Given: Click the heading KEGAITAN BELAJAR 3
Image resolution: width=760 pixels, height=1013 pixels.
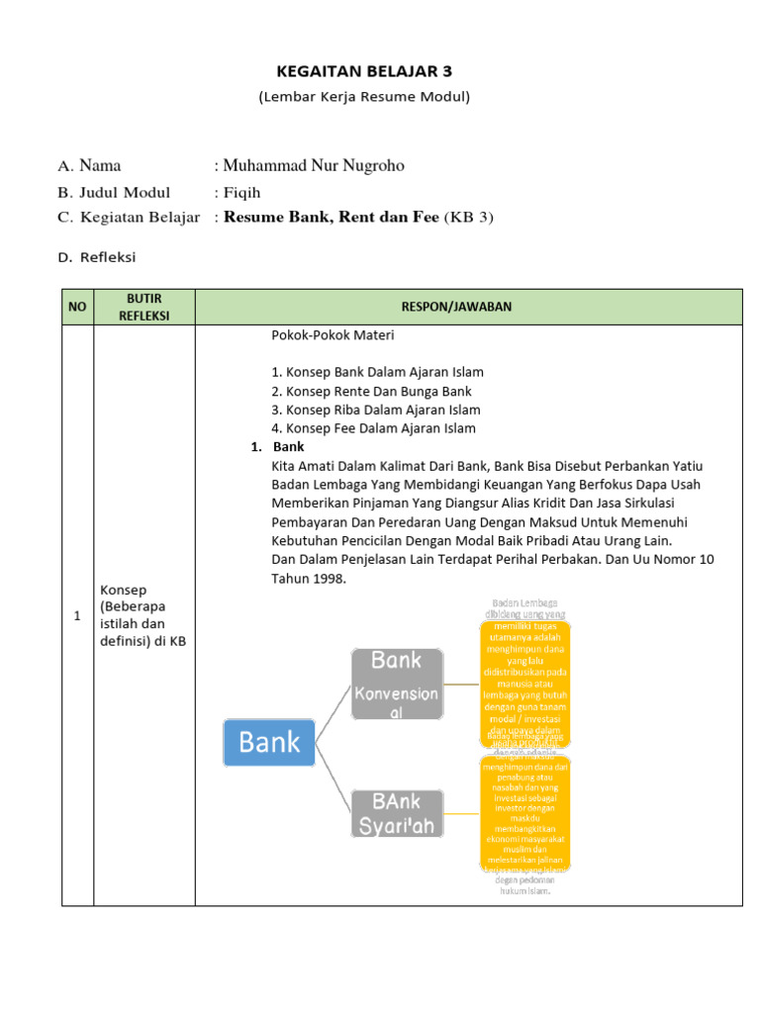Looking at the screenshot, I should click(x=363, y=71).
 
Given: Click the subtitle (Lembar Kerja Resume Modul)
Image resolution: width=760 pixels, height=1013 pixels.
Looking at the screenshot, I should click(x=363, y=97).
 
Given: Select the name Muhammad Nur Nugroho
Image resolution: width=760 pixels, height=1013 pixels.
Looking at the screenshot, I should click(x=313, y=165).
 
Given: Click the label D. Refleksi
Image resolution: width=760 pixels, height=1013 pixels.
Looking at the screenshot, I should click(x=96, y=257).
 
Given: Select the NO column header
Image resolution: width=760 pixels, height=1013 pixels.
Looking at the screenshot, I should click(x=77, y=307).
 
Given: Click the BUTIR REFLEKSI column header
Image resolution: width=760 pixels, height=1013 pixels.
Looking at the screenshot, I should click(x=144, y=307).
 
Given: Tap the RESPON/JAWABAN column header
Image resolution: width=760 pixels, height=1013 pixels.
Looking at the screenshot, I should click(x=467, y=307).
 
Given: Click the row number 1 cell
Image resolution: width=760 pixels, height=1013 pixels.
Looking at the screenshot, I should click(x=77, y=615).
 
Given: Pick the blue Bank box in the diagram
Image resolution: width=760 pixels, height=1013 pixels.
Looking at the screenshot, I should click(x=269, y=742).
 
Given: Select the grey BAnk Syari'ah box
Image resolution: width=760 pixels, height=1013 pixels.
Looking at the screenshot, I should click(x=396, y=813).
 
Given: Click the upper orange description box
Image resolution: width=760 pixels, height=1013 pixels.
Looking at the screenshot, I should click(x=524, y=683).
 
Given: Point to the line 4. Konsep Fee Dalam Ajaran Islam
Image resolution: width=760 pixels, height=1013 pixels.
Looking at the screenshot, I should click(x=373, y=428).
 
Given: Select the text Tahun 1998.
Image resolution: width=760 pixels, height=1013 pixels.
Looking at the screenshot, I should click(x=309, y=579).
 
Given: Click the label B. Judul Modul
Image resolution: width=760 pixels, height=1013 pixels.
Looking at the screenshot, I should click(x=114, y=192).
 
